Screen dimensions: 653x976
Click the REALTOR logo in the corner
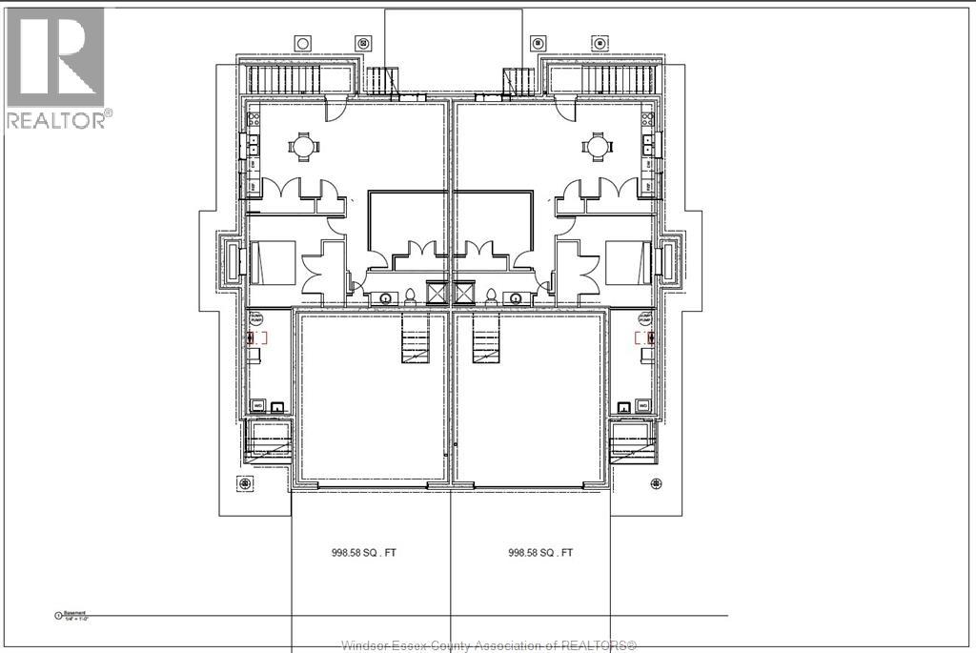pos(56,67)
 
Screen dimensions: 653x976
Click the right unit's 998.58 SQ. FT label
pos(541,552)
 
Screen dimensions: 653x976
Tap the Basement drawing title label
pos(74,615)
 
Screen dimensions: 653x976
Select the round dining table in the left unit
pos(303,147)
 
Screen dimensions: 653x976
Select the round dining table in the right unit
pos(598,147)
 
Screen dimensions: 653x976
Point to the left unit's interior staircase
pos(416,340)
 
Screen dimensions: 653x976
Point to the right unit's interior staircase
pos(486,340)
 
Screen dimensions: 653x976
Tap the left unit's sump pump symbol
pos(257,337)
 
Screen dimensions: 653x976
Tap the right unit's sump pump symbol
pos(644,337)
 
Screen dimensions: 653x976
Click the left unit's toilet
pos(409,296)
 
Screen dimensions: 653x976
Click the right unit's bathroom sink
pos(520,296)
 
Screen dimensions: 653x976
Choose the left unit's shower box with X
pos(437,292)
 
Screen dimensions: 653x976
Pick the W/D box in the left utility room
pos(258,406)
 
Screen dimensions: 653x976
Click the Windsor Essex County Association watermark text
pos(488,644)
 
